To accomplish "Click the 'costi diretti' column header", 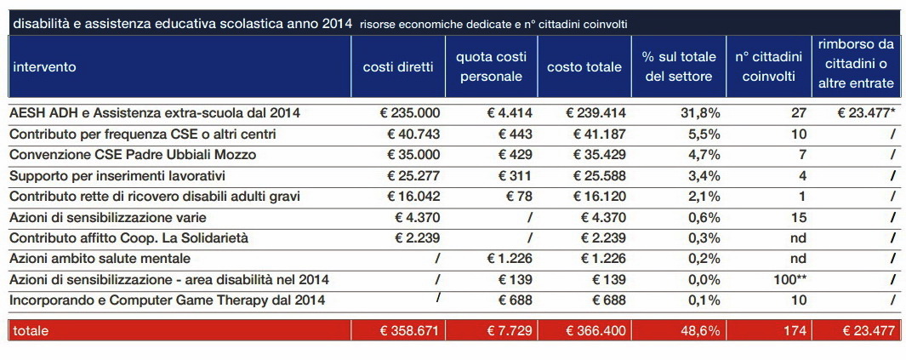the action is tap(397, 67).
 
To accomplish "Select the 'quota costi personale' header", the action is tap(491, 66).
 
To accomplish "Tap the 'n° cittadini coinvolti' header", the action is tap(768, 66).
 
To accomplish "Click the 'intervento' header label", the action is tap(44, 67).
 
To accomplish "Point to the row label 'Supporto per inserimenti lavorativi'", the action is tap(117, 175).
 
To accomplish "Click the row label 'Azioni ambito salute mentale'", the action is tap(100, 259).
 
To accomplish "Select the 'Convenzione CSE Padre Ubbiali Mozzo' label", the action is tap(133, 155).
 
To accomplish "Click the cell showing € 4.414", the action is tap(509, 113).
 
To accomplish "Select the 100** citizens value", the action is tap(789, 280).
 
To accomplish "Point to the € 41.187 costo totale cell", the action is tap(600, 134).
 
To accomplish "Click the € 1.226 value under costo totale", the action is tap(602, 259).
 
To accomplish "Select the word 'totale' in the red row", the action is tap(31, 331).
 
